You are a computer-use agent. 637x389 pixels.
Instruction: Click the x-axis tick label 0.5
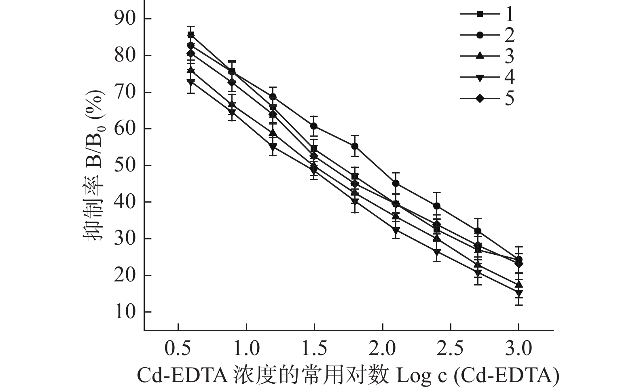(x=178, y=349)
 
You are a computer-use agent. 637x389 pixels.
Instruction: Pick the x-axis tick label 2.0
(x=383, y=349)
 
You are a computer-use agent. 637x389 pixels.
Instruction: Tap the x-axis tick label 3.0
(x=519, y=349)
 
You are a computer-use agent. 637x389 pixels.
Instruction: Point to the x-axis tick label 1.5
(x=314, y=349)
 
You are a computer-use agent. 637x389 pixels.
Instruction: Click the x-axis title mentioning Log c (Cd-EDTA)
(x=348, y=375)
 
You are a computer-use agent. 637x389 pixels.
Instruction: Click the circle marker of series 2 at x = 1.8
(x=355, y=146)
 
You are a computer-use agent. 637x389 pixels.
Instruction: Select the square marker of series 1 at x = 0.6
(x=191, y=35)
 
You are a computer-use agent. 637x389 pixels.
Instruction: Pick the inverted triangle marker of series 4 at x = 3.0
(x=519, y=293)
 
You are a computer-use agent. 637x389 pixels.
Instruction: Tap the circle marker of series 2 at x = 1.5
(x=314, y=126)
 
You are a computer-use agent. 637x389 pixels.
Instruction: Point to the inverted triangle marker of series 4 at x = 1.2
(x=273, y=147)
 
